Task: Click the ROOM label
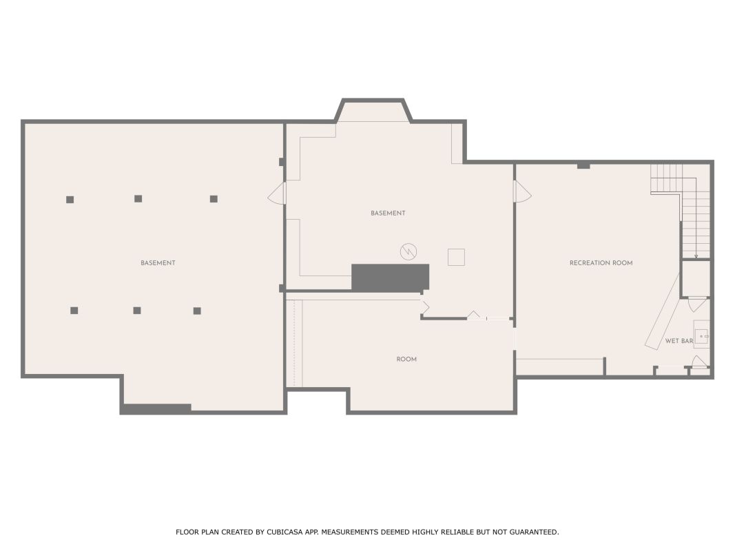[x=406, y=360]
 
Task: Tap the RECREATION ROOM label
[x=601, y=263]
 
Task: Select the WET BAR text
[x=679, y=341]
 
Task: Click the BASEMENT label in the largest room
[x=158, y=263]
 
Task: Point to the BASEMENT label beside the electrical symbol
[x=388, y=214]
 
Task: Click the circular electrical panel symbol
[x=408, y=251]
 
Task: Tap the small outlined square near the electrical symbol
[x=456, y=257]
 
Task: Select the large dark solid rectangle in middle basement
[x=390, y=278]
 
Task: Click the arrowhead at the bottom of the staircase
[x=696, y=256]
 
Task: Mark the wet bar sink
[x=702, y=336]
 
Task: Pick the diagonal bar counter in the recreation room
[x=662, y=311]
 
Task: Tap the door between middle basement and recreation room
[x=522, y=191]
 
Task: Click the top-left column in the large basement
[x=70, y=200]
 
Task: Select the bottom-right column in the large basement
[x=197, y=311]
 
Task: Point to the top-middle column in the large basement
[x=138, y=198]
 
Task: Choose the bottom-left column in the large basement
[x=74, y=310]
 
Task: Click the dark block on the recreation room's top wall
[x=583, y=166]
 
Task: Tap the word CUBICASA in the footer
[x=284, y=532]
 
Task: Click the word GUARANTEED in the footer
[x=534, y=532]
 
